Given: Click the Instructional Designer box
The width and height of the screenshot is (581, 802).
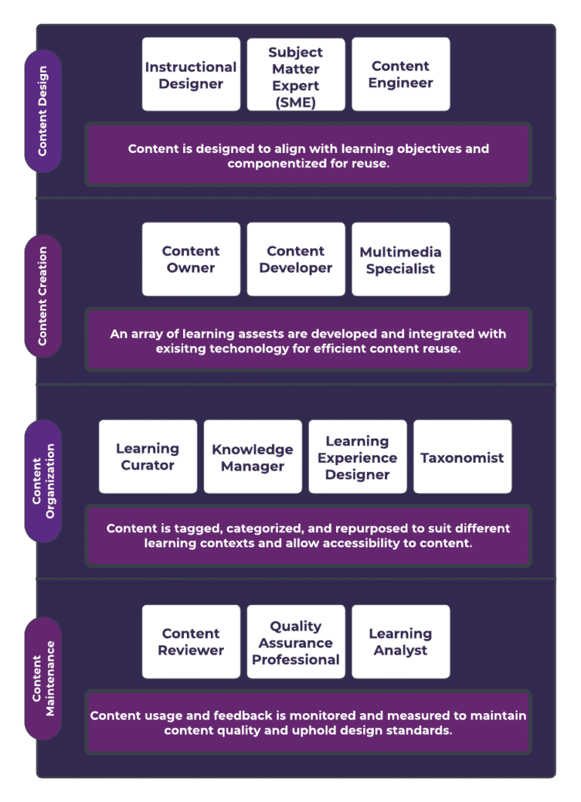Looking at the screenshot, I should coord(191,75).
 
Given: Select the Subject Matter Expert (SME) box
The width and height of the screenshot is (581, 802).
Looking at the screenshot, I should coord(295,75).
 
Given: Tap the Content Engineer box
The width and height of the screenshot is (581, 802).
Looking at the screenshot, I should coord(400,75).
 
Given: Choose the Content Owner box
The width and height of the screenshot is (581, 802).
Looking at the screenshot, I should coord(191,259).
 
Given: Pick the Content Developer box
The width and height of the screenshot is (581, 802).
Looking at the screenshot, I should coord(295,259).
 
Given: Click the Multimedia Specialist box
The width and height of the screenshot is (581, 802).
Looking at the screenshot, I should coord(400,259).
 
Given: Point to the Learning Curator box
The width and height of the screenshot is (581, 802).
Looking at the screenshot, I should coord(148,457).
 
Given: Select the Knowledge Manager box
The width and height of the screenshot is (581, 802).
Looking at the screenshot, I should coord(252,457).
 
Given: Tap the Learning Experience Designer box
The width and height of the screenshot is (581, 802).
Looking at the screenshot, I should coord(357,457).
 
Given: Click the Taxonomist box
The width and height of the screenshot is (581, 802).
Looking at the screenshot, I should coord(462,457).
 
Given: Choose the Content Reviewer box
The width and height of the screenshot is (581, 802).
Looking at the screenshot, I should coord(191,641).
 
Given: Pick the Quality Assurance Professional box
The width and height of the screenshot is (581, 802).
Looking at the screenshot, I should coord(295,641).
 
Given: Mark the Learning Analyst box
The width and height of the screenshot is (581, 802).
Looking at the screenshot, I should coord(400,641).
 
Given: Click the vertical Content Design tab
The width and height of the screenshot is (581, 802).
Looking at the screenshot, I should coord(43,111).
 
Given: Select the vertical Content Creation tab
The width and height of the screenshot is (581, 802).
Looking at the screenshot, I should coord(43,295).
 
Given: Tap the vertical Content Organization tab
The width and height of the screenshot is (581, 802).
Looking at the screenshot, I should coord(43,481).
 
